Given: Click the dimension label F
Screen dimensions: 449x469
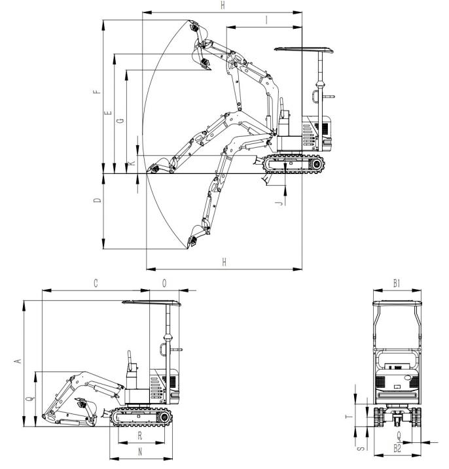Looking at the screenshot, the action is tap(98, 92).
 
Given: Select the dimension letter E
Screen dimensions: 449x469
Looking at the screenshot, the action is tap(108, 113).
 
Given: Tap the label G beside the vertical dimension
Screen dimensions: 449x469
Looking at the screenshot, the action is tap(120, 120).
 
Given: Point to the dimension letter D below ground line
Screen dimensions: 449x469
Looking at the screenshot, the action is tap(98, 200).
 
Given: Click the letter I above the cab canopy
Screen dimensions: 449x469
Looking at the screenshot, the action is tap(266, 20).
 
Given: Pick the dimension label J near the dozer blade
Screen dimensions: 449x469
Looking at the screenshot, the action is tap(279, 203).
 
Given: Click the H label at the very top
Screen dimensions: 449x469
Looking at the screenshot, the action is tap(223, 6).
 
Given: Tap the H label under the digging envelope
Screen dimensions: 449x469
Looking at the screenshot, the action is tap(224, 262).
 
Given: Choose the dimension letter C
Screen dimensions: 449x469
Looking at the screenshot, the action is tap(96, 283).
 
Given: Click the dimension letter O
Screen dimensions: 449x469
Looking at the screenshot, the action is tap(164, 283).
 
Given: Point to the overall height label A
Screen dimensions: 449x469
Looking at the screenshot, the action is tap(18, 361).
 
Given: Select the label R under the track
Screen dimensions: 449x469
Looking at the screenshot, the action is tap(140, 436).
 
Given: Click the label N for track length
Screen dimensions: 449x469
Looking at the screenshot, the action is tap(140, 451).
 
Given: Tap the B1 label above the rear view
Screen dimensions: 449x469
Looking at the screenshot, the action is tap(397, 283).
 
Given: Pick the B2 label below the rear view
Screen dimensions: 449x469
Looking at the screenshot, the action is tap(397, 448).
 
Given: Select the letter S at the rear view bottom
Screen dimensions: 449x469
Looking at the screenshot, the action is tap(362, 448).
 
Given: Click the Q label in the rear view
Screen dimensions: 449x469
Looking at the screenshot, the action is tap(399, 436).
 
